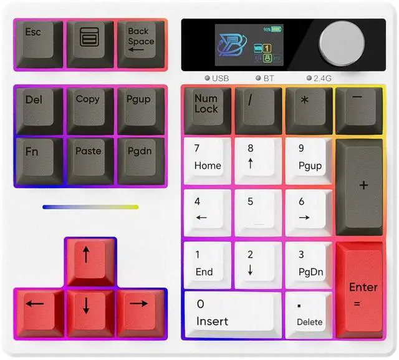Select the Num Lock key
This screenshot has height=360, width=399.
pos(207,107)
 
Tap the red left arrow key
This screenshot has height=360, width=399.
pos(37,309)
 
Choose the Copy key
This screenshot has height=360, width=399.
pos(90,107)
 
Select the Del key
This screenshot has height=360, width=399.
pos(37,107)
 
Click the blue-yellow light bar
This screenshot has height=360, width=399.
pos(90,207)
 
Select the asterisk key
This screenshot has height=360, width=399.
pos(308,107)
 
